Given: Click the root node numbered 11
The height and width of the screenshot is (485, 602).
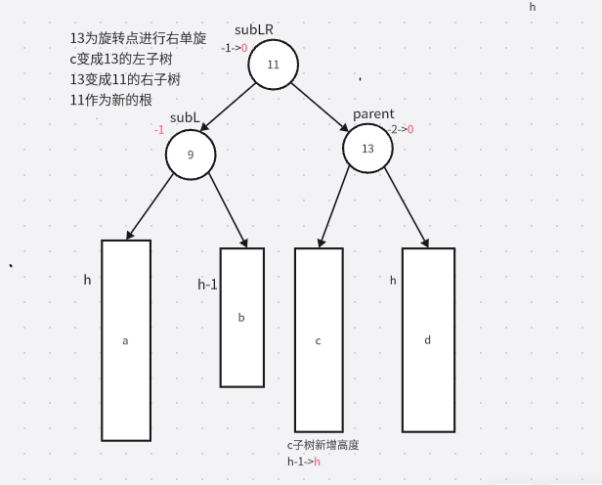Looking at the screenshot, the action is [273, 65].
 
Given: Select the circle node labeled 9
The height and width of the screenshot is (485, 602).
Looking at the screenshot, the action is [191, 154].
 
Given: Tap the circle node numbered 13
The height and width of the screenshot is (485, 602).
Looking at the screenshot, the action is [367, 149].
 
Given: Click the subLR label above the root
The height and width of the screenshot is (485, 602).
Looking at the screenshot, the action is [254, 30].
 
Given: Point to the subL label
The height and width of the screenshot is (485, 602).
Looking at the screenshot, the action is [185, 117].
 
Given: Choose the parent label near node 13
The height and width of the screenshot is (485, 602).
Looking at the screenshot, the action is [373, 114].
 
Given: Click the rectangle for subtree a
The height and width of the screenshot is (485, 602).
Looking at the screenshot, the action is [126, 340].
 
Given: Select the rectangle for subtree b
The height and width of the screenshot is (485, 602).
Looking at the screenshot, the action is [241, 317].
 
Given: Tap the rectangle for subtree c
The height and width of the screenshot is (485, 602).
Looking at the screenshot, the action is [319, 339].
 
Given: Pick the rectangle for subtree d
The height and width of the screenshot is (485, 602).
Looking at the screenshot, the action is [428, 339].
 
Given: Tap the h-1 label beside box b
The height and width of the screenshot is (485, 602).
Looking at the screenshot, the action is [207, 285].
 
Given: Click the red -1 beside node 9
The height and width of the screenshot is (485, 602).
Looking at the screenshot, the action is [158, 130].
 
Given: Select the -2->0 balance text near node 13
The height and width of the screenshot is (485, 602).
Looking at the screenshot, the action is [401, 129].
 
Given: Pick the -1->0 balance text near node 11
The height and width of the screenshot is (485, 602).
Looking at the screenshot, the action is [235, 48].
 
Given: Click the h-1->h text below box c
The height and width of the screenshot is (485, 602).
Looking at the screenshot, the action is [304, 462].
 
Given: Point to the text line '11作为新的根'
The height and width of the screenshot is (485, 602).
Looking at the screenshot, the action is [110, 100].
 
